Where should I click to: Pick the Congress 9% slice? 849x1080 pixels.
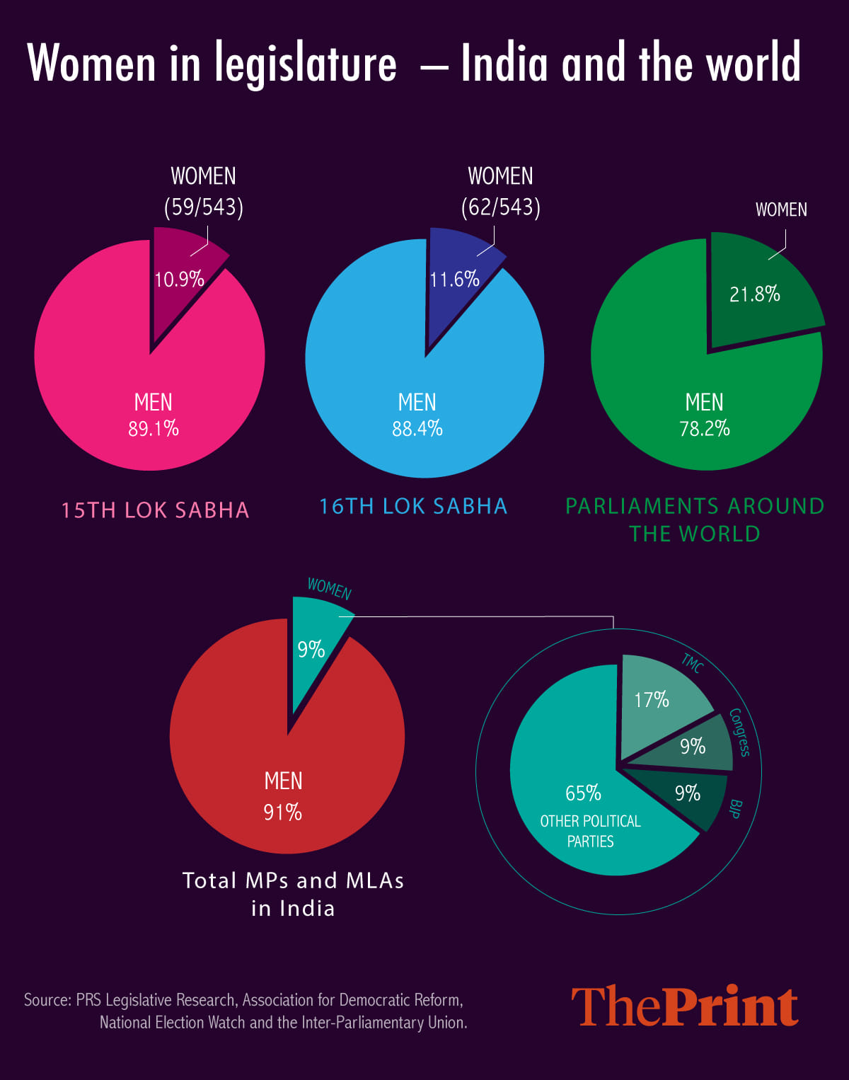tap(697, 747)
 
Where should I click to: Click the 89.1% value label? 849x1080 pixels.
tap(154, 429)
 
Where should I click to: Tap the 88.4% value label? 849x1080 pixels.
tap(417, 429)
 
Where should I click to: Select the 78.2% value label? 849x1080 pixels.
tap(705, 429)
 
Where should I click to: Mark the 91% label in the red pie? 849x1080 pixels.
tap(283, 812)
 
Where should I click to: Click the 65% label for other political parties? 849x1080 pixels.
tap(583, 793)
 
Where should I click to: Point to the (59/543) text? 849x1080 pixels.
tap(204, 207)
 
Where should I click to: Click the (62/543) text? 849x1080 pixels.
tap(501, 207)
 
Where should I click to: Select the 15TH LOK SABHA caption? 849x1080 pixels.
tap(155, 510)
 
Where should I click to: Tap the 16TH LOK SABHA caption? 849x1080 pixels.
tap(413, 507)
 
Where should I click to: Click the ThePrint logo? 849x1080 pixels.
tap(685, 1006)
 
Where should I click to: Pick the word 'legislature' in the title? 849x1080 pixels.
tap(306, 64)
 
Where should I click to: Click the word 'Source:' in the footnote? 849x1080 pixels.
tap(47, 1000)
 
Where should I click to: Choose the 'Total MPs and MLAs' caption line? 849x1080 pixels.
tap(293, 880)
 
